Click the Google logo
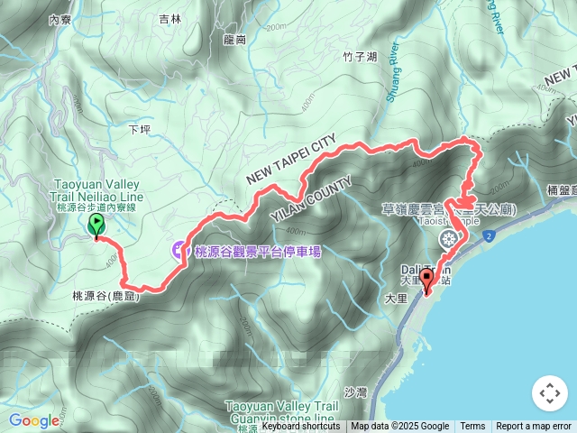34,420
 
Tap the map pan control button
548,393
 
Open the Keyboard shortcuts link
301,427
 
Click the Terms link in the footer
472,427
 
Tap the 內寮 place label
60,19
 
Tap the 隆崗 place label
234,40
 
